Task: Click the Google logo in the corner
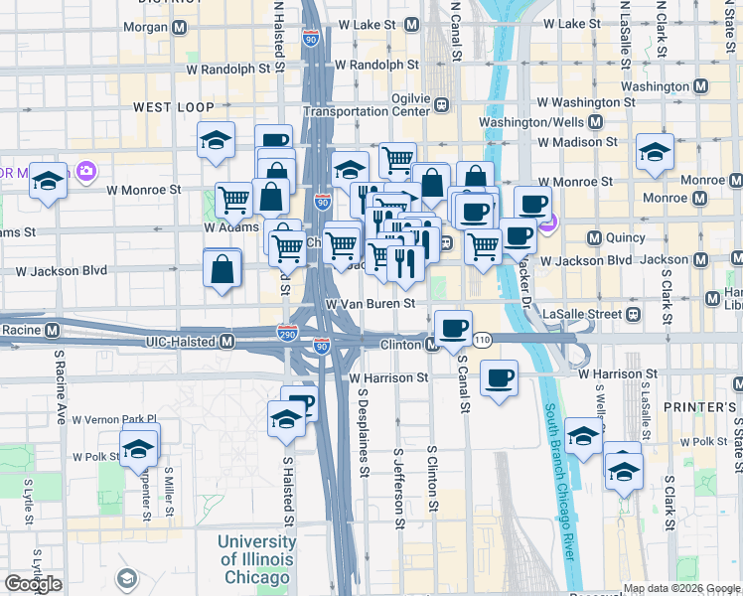click(33, 584)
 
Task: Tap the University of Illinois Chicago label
click(257, 560)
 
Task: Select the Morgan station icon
click(179, 28)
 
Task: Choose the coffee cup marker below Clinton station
click(454, 328)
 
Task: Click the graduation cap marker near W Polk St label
click(139, 447)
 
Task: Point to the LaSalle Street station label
click(581, 314)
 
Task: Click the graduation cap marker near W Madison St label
click(655, 152)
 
